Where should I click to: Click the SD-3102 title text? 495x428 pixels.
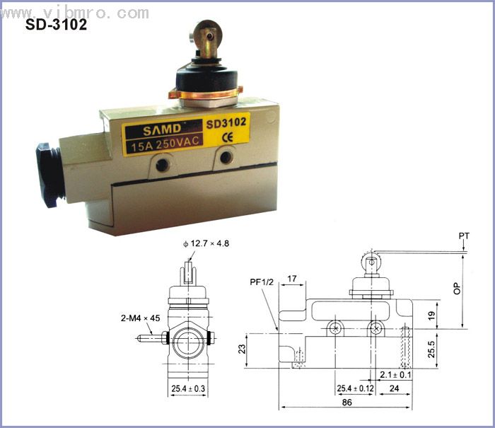[56, 25]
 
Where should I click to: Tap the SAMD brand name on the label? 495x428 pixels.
[162, 129]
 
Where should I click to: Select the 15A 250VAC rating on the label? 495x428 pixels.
[165, 144]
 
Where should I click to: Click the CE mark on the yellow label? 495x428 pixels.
[227, 137]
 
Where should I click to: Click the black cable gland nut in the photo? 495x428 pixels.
[47, 175]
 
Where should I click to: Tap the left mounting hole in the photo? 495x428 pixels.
[163, 164]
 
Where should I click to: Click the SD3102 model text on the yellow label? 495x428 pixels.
[226, 122]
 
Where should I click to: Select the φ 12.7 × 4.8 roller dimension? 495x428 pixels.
[206, 243]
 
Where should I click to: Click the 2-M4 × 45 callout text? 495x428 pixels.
[141, 318]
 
